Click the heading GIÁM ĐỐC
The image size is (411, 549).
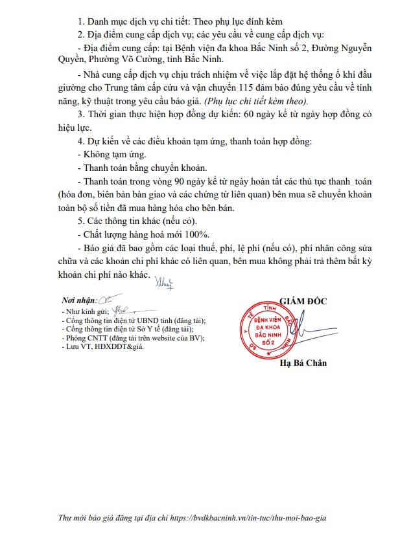[x=304, y=300]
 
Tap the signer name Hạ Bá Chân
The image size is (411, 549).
[x=303, y=363]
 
